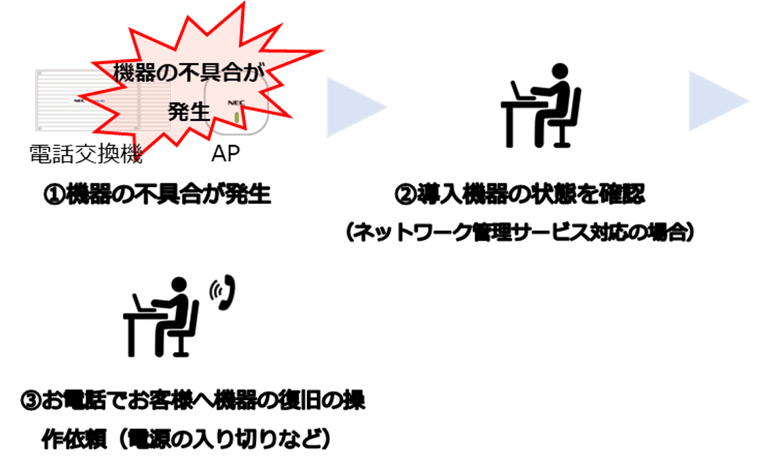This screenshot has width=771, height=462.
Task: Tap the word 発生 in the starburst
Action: click(188, 111)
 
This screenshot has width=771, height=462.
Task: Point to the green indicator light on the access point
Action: click(236, 118)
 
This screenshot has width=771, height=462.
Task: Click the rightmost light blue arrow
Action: click(717, 101)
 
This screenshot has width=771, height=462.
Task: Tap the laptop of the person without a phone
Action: click(517, 89)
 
